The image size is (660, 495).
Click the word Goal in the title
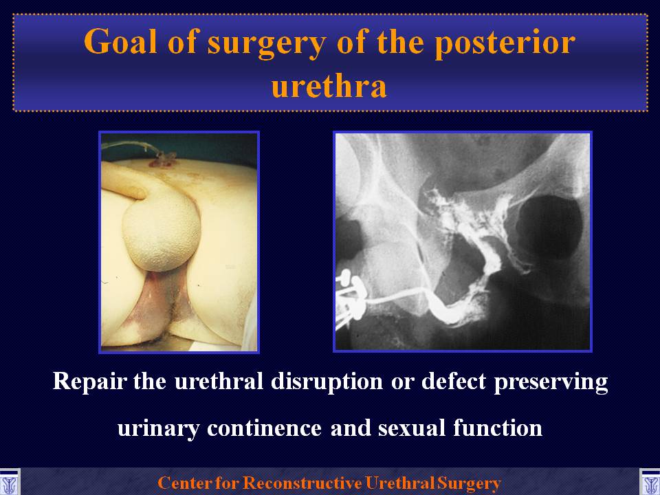point(120,42)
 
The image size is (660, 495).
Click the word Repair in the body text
point(89,382)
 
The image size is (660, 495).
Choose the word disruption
point(327,382)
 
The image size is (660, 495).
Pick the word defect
point(454,381)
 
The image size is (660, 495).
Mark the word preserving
point(551,382)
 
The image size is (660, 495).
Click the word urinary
point(158,429)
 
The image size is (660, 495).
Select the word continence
point(264,428)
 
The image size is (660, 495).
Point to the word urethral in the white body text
point(219,381)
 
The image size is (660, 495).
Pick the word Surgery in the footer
point(469,483)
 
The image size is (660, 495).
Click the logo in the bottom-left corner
point(10,483)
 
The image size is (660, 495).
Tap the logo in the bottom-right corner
point(650,483)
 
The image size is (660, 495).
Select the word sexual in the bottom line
point(412,428)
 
